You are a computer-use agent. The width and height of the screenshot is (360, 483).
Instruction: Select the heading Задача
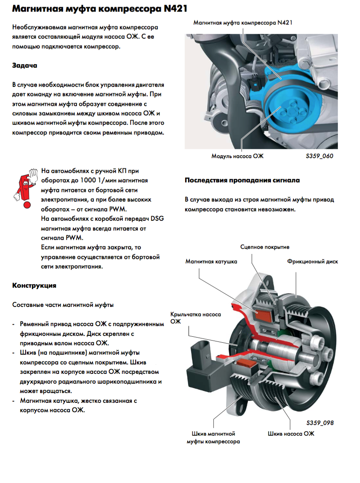point(25,65)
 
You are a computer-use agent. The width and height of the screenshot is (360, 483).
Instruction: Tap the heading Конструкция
point(34,285)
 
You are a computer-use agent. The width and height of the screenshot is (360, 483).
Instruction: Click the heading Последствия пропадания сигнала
point(242,180)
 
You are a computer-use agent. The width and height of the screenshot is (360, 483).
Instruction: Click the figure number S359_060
point(319,156)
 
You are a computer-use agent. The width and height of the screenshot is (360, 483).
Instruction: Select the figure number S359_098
point(319,423)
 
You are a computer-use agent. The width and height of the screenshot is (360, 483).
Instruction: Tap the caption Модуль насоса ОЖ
point(237,156)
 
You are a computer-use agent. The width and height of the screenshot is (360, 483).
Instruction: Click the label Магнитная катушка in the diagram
point(211,261)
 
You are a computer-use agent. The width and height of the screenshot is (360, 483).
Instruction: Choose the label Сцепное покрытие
point(265,247)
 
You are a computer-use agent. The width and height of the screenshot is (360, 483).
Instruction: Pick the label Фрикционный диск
point(312,261)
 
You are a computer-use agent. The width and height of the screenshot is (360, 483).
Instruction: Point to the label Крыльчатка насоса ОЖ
point(195,318)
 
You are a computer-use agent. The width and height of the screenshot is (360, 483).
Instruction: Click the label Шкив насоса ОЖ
point(291,434)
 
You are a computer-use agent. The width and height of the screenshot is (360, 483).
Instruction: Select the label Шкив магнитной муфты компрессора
point(213,437)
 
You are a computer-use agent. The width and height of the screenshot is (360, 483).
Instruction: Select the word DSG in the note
point(157,218)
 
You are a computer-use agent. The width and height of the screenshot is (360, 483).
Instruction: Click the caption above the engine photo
point(243,22)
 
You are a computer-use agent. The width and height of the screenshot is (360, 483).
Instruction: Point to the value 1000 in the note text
point(91,180)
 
